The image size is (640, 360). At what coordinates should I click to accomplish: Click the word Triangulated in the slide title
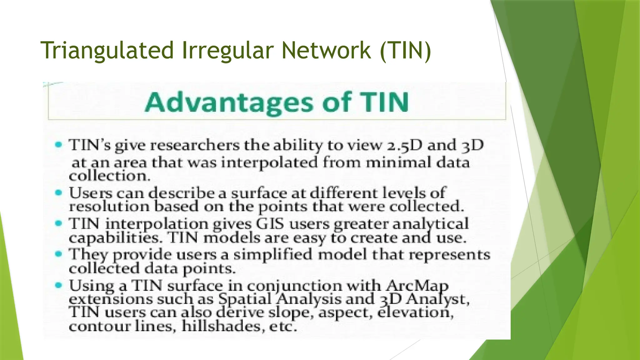tap(107, 51)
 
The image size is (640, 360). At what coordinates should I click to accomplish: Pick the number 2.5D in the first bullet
tap(404, 146)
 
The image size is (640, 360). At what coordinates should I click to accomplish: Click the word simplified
tap(273, 254)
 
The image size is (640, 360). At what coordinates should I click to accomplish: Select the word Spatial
tap(245, 299)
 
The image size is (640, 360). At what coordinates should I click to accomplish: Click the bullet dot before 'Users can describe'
tap(58, 192)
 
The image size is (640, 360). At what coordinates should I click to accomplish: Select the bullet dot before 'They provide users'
tap(58, 254)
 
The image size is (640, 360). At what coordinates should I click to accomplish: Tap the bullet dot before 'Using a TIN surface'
tap(58, 285)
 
